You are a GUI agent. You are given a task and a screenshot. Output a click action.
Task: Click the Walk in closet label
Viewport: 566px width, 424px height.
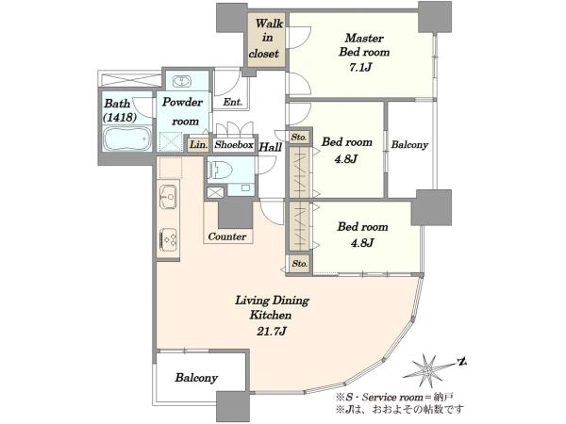click(x=265, y=39)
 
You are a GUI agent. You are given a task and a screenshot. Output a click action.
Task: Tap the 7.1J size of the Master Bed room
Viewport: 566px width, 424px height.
click(x=360, y=68)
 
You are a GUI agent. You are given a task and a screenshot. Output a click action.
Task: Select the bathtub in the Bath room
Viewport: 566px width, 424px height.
click(x=126, y=139)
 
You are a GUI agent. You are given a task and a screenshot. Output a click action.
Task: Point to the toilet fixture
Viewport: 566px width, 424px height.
click(x=221, y=170)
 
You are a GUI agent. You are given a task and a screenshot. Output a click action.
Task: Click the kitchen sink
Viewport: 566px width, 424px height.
click(x=168, y=197)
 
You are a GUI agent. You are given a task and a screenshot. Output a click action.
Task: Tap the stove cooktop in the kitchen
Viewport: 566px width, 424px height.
click(x=168, y=238)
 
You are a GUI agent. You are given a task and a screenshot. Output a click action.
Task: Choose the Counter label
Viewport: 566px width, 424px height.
click(x=227, y=236)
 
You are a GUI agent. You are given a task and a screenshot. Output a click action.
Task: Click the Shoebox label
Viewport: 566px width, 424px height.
click(x=234, y=145)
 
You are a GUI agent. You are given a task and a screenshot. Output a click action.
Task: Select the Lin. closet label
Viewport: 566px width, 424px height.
click(x=199, y=145)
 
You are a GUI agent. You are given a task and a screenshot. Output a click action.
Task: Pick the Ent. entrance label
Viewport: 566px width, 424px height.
click(x=232, y=102)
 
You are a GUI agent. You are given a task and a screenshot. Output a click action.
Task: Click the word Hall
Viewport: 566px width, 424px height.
click(x=271, y=147)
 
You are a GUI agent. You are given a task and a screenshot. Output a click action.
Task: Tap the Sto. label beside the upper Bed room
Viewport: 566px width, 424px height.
click(x=299, y=138)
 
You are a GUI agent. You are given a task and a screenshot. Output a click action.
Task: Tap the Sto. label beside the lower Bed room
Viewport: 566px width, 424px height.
click(x=300, y=264)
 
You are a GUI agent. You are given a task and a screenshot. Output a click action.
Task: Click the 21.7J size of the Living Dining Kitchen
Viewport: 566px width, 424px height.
click(x=272, y=332)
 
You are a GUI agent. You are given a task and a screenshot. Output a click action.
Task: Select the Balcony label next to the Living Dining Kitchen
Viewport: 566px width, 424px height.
click(x=196, y=378)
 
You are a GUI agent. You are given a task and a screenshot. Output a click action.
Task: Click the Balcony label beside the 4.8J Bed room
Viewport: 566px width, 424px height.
click(x=409, y=145)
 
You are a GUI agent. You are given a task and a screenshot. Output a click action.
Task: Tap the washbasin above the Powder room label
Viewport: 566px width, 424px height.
click(x=182, y=81)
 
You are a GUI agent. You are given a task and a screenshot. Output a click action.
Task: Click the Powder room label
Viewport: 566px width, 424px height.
click(x=183, y=111)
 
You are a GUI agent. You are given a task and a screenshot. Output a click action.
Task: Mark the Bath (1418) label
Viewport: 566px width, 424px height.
click(x=120, y=110)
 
